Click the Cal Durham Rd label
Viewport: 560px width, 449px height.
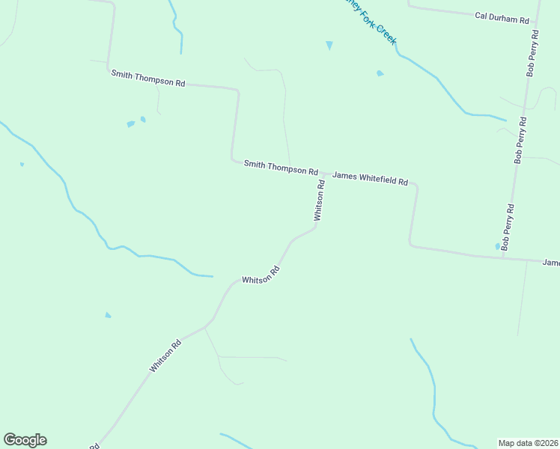tap(502, 18)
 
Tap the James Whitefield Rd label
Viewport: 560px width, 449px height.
tap(370, 178)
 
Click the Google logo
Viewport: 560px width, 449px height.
tap(25, 440)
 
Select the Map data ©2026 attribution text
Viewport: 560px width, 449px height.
tap(528, 443)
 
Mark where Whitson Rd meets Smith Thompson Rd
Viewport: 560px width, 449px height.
tap(323, 173)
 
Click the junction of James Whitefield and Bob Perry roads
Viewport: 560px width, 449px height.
tap(504, 257)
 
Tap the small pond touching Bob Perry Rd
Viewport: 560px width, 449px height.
tap(497, 246)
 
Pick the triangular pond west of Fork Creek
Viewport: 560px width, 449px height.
tap(329, 46)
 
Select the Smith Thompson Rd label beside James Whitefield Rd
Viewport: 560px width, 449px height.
tap(281, 168)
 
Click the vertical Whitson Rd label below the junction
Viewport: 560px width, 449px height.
tap(320, 201)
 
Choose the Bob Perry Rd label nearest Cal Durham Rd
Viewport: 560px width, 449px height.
tap(532, 54)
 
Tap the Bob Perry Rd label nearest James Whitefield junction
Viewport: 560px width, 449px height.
tap(508, 227)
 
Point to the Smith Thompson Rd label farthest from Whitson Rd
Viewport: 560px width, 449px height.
tap(147, 78)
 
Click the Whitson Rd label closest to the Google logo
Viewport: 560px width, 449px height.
tap(165, 356)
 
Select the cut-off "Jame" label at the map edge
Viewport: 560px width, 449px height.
tap(550, 263)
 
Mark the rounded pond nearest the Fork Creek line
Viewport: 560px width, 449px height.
tap(380, 73)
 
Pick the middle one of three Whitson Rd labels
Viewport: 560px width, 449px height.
tap(260, 275)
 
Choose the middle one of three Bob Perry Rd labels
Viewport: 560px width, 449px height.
tap(520, 140)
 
